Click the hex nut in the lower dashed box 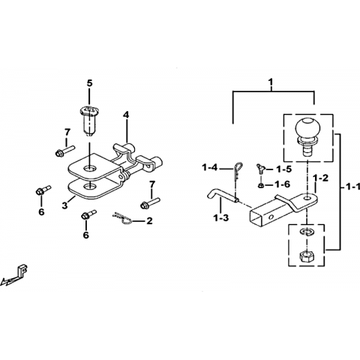tap(307, 256)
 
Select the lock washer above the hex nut tap(307, 232)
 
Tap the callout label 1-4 tap(210, 168)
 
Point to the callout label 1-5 tap(283, 169)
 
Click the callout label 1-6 tap(282, 184)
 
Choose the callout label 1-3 tap(221, 217)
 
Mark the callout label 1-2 tap(320, 178)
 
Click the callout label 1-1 tap(352, 187)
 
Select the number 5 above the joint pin tap(89, 83)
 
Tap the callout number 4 tap(126, 115)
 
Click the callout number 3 tap(65, 205)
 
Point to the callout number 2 tap(149, 220)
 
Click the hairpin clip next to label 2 tap(124, 218)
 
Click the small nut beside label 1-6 tap(260, 185)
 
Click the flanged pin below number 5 tap(88, 120)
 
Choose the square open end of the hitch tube tap(256, 217)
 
